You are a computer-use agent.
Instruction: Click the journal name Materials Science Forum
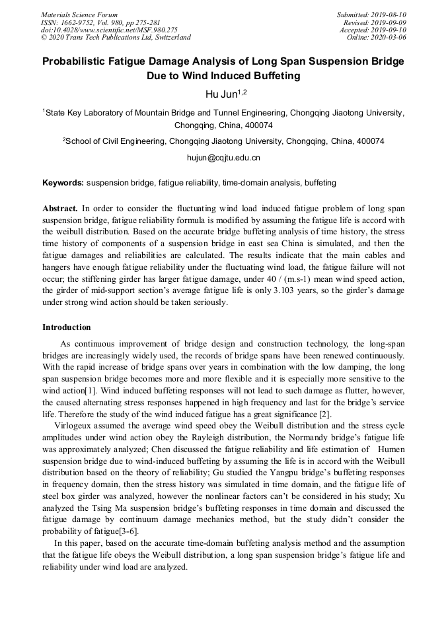[x=79, y=15]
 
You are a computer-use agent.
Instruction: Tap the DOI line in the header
[x=109, y=30]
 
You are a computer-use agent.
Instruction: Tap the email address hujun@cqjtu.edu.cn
[x=224, y=158]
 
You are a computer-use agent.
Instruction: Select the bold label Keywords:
[x=63, y=182]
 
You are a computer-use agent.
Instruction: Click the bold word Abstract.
[x=60, y=208]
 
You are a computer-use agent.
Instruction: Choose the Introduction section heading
[x=67, y=327]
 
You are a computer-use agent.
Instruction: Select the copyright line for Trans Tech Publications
[x=116, y=38]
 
